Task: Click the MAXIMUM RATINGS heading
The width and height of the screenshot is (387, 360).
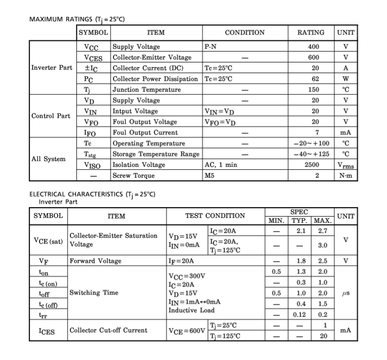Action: [x=77, y=19]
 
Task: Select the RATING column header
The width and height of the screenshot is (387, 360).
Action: [x=311, y=33]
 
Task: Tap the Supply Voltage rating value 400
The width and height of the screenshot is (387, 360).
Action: [x=313, y=47]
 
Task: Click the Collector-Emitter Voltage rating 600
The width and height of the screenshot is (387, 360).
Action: [x=313, y=58]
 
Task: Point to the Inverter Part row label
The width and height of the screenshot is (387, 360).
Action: [x=52, y=68]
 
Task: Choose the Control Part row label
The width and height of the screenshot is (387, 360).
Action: [x=51, y=116]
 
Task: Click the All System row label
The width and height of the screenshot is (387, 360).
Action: [x=49, y=159]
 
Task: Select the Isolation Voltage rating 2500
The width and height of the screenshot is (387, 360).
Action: [x=313, y=165]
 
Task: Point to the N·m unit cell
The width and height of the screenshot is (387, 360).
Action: [x=345, y=176]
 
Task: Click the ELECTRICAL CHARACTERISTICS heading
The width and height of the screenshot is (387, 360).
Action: [x=92, y=194]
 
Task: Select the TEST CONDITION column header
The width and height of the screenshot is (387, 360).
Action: [x=215, y=216]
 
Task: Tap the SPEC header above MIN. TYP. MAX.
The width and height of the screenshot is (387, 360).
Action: [x=299, y=212]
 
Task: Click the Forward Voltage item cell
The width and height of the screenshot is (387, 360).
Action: [x=95, y=261]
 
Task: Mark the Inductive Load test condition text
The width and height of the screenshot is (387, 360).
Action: [x=191, y=310]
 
